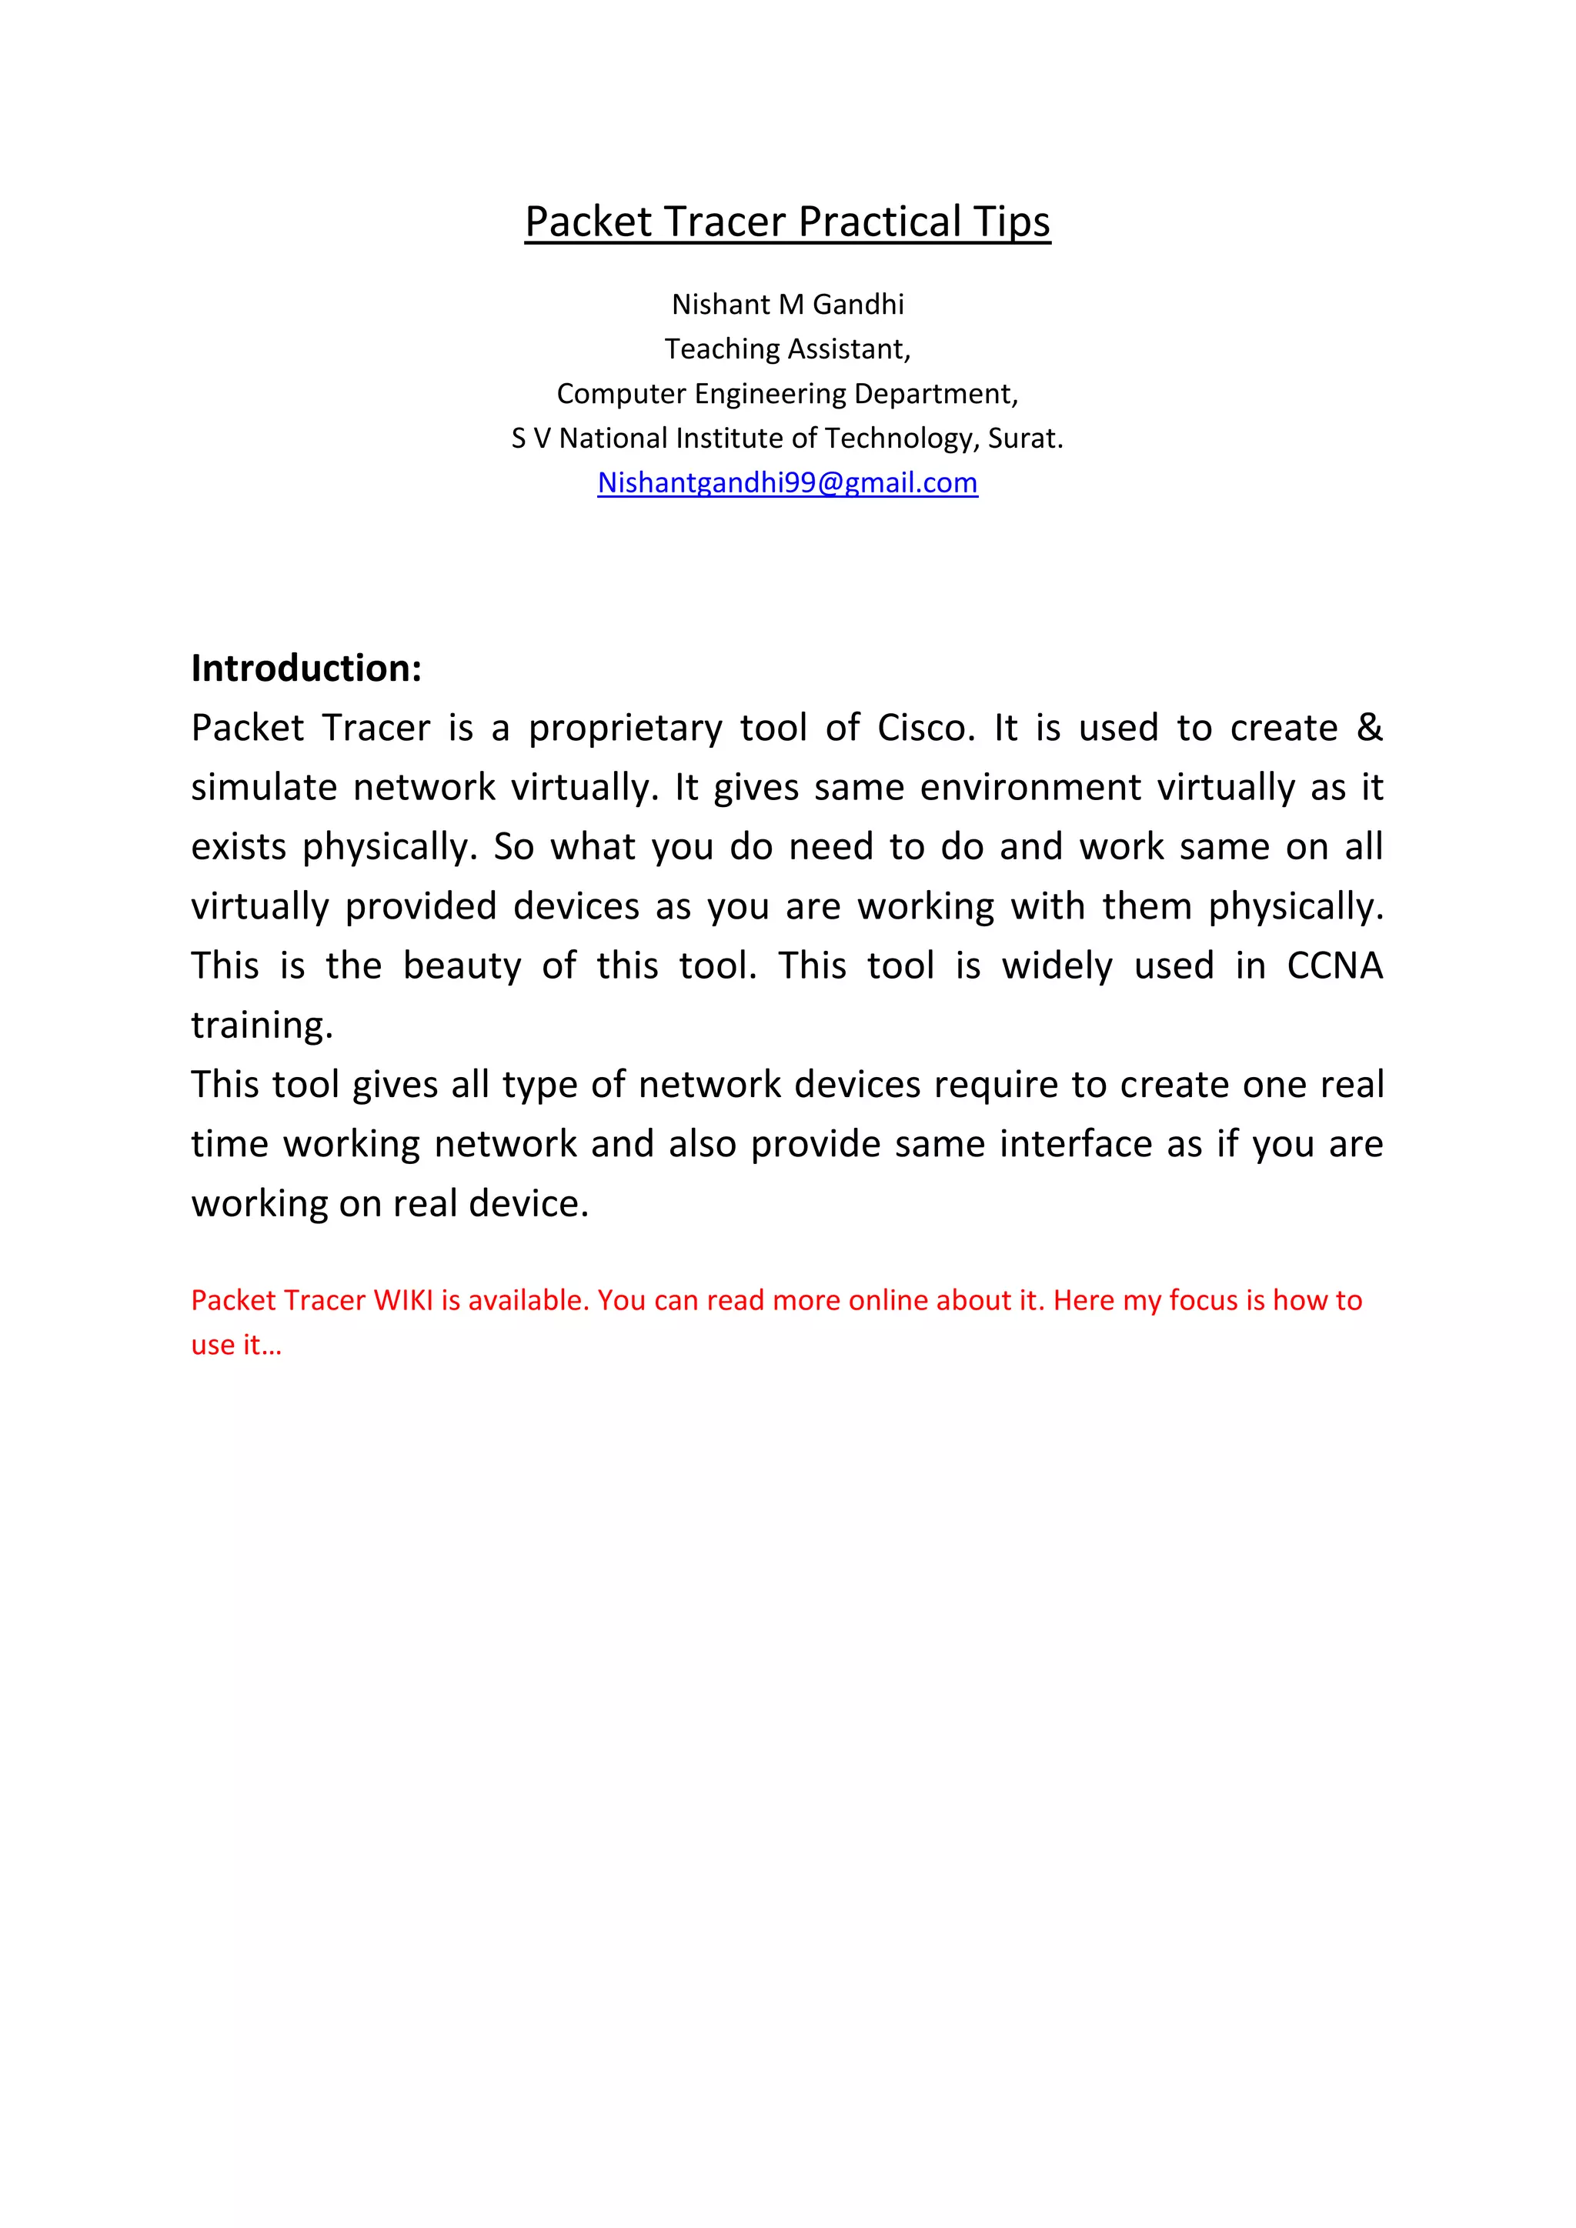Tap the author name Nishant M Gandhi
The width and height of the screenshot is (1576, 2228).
(787, 305)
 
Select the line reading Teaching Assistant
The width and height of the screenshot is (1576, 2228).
(787, 349)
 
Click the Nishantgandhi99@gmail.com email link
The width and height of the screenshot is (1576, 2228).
(787, 482)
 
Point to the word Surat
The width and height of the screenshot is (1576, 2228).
(1025, 439)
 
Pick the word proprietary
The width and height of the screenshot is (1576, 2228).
(625, 729)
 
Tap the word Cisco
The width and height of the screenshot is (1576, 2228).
(925, 728)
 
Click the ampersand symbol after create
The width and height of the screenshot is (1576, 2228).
(1369, 728)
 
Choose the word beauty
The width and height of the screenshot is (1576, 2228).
(462, 966)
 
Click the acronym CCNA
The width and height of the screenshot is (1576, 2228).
(1334, 966)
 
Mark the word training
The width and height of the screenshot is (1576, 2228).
(262, 1026)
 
